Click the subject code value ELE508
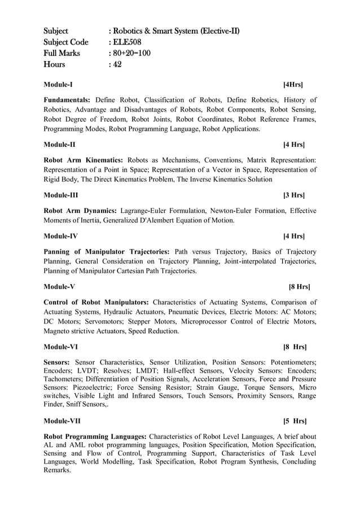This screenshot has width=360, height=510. [x=127, y=42]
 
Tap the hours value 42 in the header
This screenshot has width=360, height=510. [x=117, y=64]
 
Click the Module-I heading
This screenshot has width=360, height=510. [x=58, y=85]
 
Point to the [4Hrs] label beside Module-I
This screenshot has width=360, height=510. [x=293, y=85]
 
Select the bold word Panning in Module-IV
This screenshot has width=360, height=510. [x=59, y=251]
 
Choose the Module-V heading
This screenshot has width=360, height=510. [x=59, y=286]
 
